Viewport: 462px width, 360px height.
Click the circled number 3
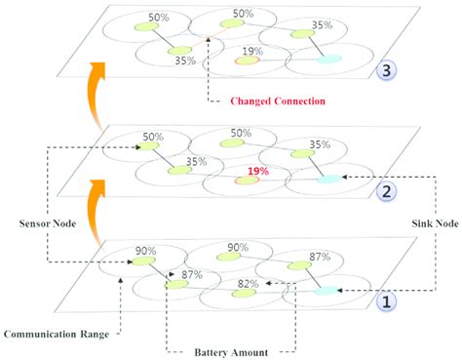coord(387,69)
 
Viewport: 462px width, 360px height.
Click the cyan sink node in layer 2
coord(329,180)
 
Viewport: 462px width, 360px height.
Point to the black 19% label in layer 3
coord(251,51)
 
